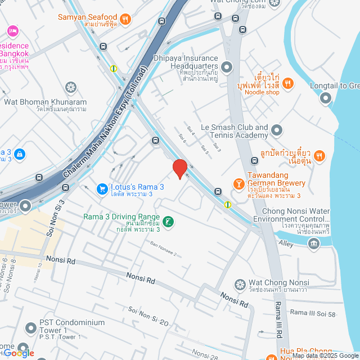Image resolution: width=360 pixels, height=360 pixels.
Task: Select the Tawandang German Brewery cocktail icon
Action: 238,184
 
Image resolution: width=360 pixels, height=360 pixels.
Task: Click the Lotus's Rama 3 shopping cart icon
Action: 102,189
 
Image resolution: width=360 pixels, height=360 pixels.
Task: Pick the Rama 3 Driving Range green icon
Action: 169,223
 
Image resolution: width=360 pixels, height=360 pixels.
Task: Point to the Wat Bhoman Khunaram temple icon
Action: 70,87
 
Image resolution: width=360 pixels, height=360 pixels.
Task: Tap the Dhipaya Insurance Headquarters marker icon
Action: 227,67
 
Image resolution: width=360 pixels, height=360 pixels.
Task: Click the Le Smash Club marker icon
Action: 276,131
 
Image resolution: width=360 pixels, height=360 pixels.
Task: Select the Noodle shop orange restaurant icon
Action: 288,83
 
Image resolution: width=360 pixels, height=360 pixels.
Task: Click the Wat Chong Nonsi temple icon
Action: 240,285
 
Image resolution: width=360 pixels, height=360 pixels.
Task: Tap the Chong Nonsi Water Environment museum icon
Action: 313,242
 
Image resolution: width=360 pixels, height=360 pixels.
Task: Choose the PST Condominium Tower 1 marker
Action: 31,327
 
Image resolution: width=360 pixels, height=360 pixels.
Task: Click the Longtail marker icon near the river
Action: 325,99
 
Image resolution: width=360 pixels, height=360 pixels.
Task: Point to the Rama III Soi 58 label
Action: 313,313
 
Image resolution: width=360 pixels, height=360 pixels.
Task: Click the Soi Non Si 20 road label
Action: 148,316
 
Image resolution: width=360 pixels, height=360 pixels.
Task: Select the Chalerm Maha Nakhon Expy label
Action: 100,138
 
